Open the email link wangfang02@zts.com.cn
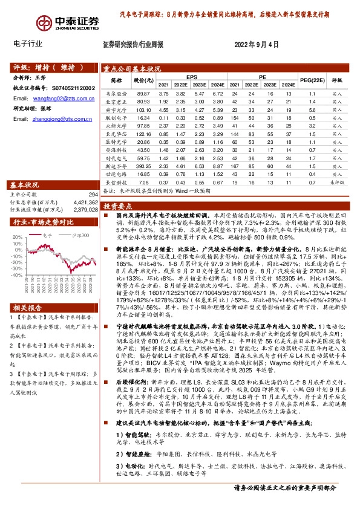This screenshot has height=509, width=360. point(56,97)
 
